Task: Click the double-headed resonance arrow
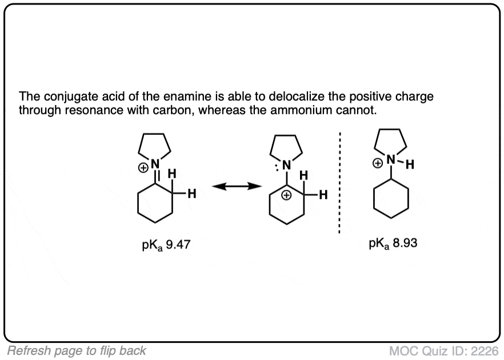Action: pos(237,186)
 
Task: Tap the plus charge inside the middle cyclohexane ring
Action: pos(286,195)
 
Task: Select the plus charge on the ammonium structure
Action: pos(377,163)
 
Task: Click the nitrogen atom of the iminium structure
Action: pos(155,164)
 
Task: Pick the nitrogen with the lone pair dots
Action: pos(286,165)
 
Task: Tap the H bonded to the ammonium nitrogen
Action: pos(410,165)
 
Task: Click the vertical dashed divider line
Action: pos(339,182)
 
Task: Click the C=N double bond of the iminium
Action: pos(155,176)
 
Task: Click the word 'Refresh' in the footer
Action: pos(28,351)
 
